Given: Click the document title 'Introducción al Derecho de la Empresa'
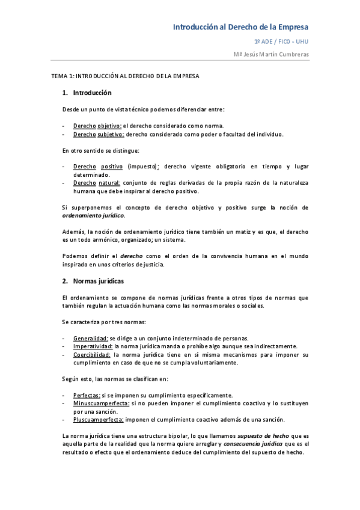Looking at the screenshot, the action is coord(240,27).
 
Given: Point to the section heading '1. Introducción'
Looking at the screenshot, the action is coord(87,93).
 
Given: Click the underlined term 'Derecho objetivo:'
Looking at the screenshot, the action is coord(97,126).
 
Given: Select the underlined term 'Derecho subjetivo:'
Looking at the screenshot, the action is coord(99,134).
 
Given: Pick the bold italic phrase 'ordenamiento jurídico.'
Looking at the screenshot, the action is coord(94,215).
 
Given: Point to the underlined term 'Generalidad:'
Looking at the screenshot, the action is coord(91,338).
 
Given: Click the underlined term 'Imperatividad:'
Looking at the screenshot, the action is coord(93,346).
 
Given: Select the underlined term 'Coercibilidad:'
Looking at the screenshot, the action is coord(93,355).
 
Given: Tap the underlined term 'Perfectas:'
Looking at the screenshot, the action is coord(87,395).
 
